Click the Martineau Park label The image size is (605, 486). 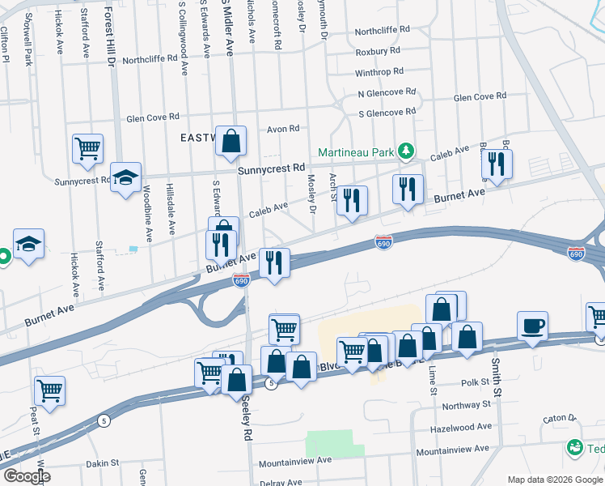point(355,151)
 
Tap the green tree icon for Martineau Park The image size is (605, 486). point(404,151)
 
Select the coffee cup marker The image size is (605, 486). point(532,326)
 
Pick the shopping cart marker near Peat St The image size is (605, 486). point(50,390)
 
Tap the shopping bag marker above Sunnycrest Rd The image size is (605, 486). point(231,141)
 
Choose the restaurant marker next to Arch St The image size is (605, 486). point(352,201)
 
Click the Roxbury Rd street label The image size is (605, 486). point(379,52)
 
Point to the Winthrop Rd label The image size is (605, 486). point(379,72)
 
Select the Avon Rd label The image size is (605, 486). point(283,129)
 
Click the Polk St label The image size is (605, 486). point(476,382)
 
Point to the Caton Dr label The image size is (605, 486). point(559,419)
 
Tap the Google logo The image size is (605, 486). point(26,476)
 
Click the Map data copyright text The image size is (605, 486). point(554,480)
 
